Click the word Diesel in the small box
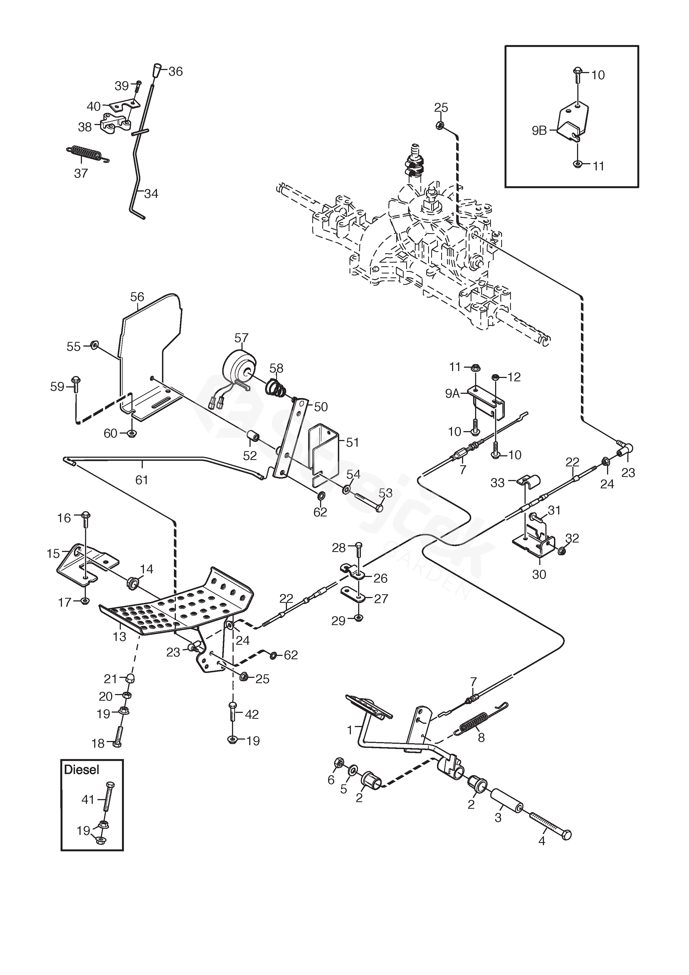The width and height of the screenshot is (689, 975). [x=81, y=770]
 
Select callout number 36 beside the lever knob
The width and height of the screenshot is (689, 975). [x=175, y=71]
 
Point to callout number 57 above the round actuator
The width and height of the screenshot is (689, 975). [x=241, y=338]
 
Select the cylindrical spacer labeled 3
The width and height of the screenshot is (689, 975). [x=506, y=800]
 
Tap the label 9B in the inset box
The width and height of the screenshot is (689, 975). [x=539, y=131]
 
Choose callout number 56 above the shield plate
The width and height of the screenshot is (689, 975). [x=137, y=297]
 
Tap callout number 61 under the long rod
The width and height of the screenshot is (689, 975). [x=141, y=480]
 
